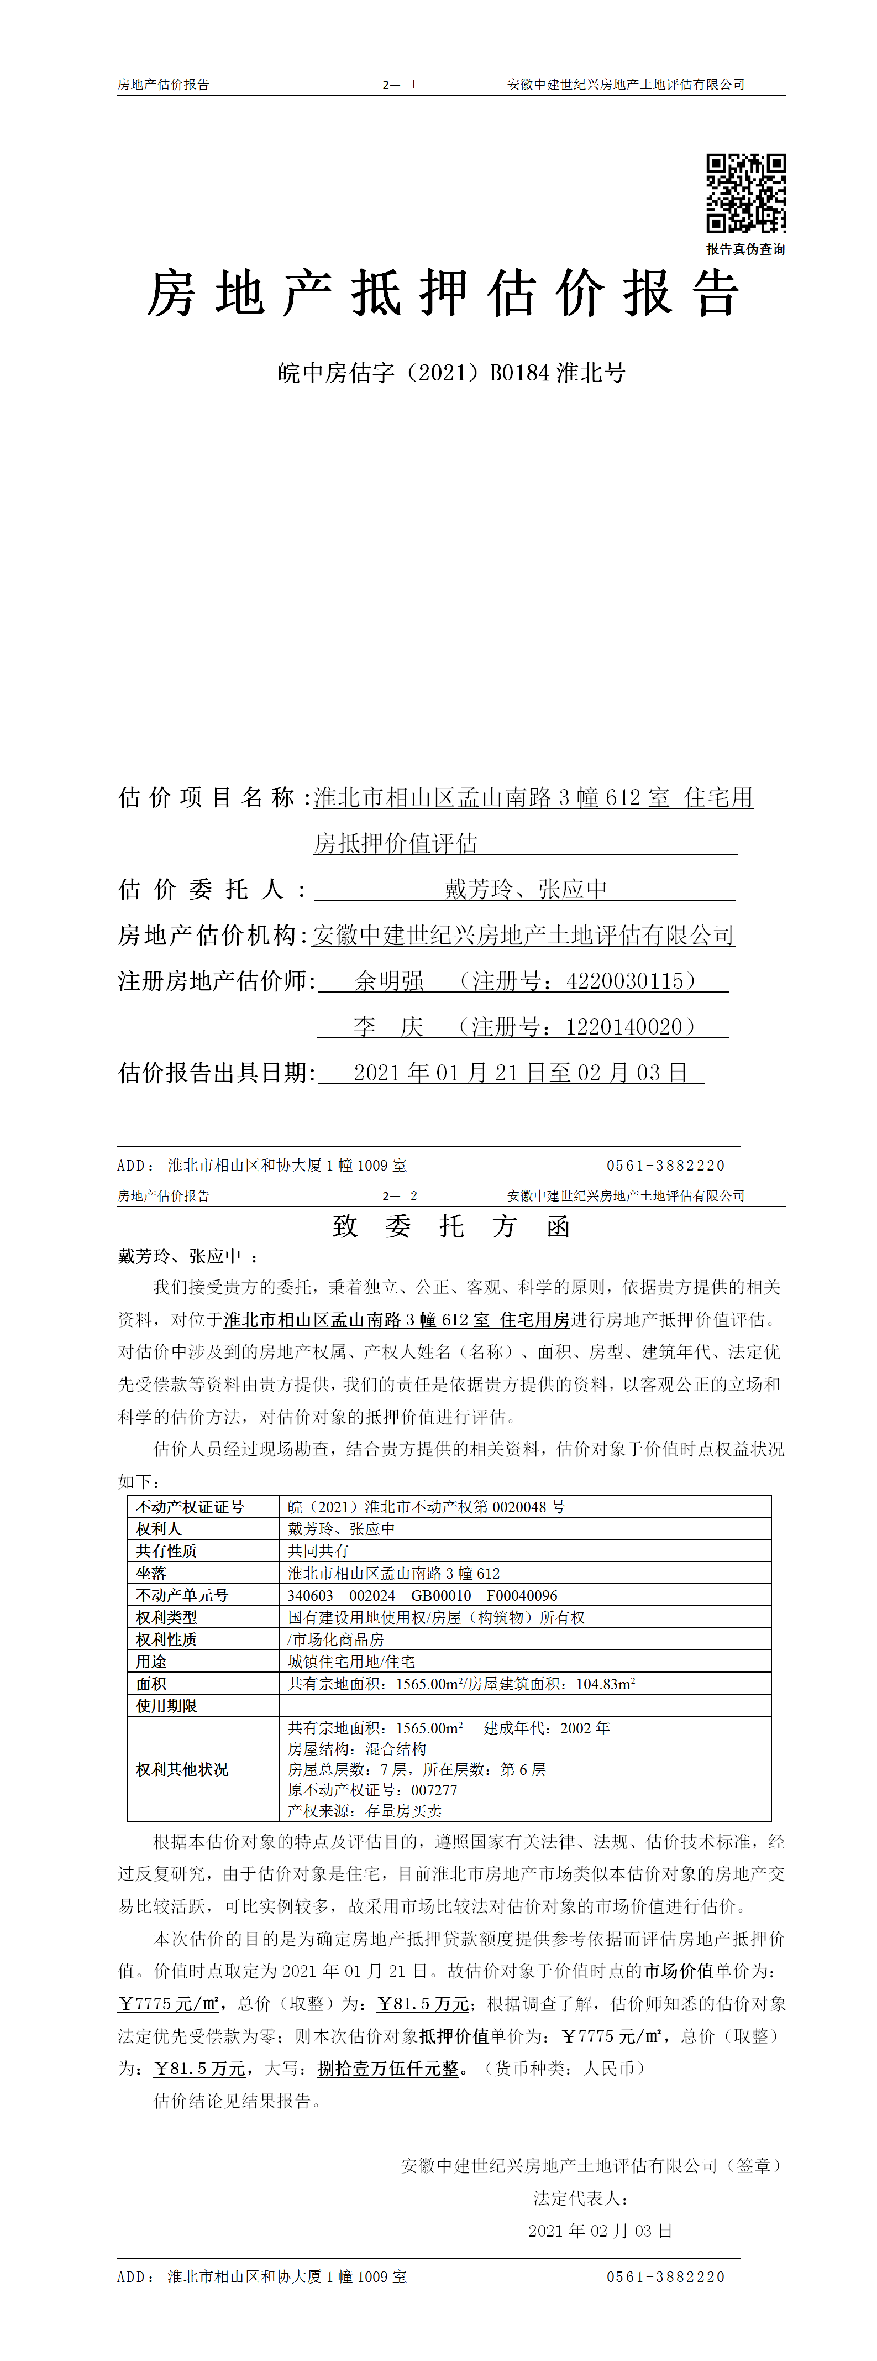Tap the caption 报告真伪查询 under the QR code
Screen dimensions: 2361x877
[745, 248]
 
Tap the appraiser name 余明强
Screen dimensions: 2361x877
[390, 981]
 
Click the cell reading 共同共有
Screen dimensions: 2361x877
[318, 1551]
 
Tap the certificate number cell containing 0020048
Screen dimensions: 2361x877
[426, 1507]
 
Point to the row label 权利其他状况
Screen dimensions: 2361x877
[182, 1769]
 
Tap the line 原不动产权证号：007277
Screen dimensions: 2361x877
[372, 1790]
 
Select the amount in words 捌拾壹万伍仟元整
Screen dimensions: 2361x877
[387, 2068]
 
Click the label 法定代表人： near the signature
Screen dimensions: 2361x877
[581, 2198]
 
